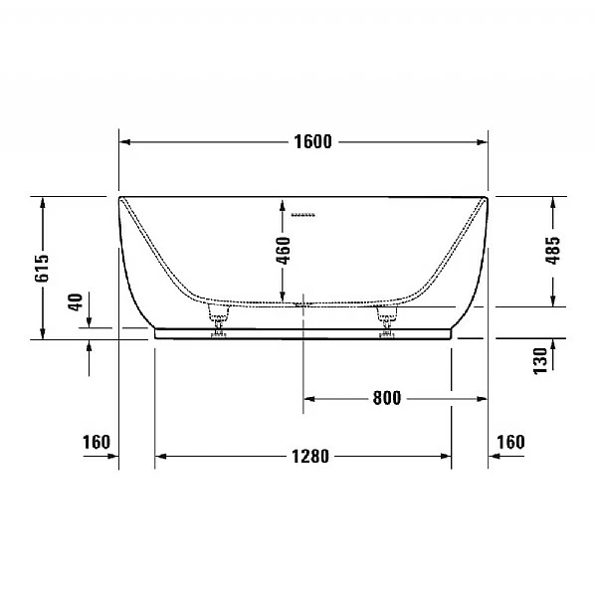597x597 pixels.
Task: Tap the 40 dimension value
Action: (x=76, y=301)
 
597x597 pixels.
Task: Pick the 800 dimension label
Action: (x=386, y=399)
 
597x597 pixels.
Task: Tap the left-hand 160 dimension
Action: (x=96, y=441)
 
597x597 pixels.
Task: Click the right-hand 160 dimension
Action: (x=509, y=441)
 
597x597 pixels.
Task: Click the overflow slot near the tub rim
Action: (x=302, y=212)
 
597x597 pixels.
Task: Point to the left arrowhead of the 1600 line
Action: (x=125, y=141)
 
